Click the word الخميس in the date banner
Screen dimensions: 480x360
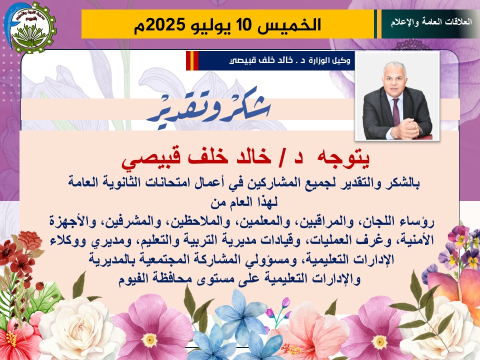[x=289, y=25]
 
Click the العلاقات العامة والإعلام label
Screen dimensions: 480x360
[x=431, y=22]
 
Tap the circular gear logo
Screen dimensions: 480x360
[x=30, y=28]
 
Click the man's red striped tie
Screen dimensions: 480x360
[x=396, y=111]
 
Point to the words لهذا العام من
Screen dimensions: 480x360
[x=243, y=202]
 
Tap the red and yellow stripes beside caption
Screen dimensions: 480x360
[x=192, y=60]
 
